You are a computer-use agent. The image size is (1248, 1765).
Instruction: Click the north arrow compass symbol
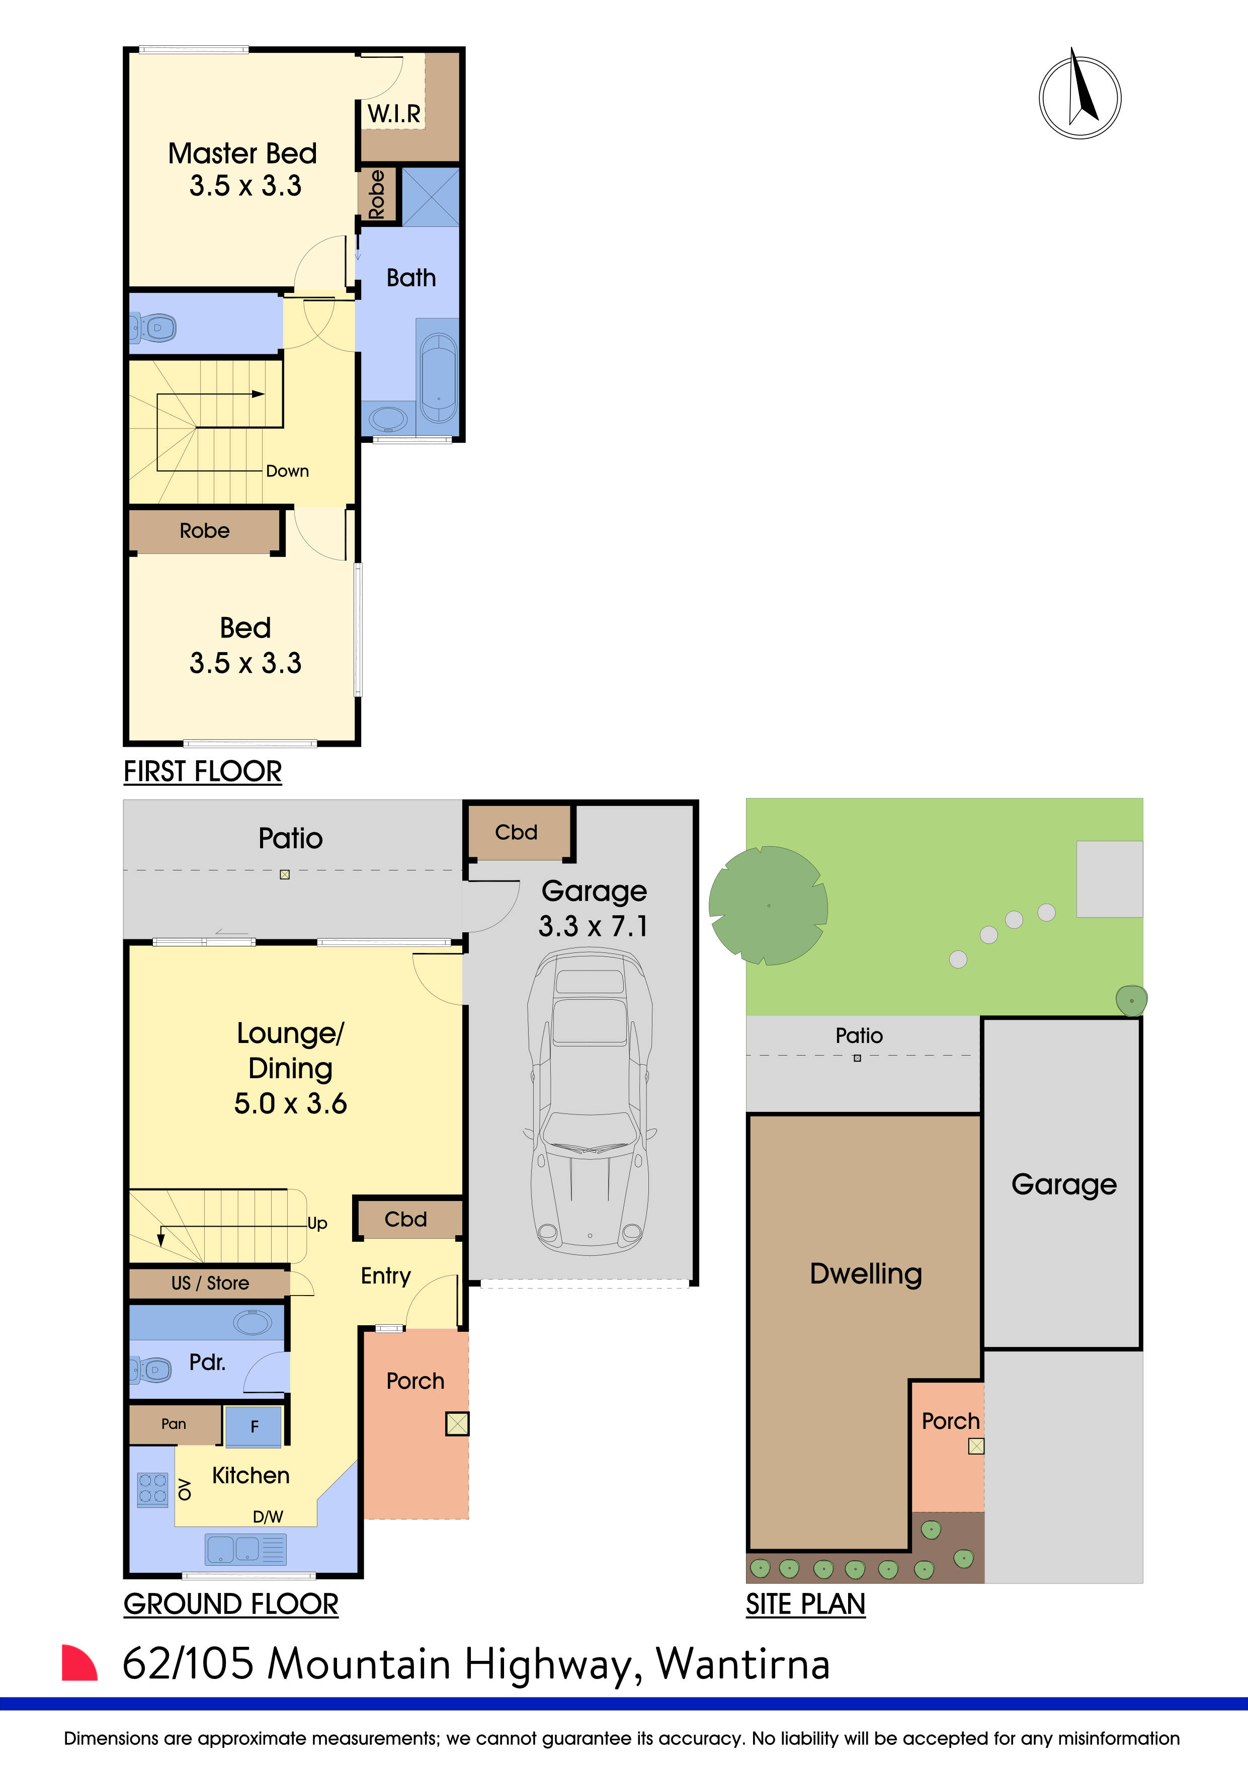coord(1079,98)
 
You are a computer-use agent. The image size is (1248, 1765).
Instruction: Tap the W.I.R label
coord(393,114)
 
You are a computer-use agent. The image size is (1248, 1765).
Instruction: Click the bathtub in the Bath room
coord(439,377)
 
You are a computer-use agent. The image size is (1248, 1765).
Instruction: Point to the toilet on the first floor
coord(154,328)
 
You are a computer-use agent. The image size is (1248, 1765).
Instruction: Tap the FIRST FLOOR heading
coord(203,771)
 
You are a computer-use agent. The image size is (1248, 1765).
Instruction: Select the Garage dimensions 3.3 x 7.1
coord(593,926)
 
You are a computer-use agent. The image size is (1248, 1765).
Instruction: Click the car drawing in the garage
coord(590,1099)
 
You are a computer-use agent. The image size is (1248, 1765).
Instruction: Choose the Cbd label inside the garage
coord(516,833)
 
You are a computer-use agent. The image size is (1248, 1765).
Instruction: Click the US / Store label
coord(210,1283)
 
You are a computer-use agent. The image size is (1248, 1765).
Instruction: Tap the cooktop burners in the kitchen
coord(152,1489)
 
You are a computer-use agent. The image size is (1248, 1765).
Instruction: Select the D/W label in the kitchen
coord(268,1516)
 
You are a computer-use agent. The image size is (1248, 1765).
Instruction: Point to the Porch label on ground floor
coord(415,1382)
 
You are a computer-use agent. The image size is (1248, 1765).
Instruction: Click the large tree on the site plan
coord(767,906)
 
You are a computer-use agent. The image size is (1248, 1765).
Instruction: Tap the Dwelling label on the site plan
coord(865,1274)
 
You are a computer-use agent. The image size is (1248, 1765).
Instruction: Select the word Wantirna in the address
coord(742,1664)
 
